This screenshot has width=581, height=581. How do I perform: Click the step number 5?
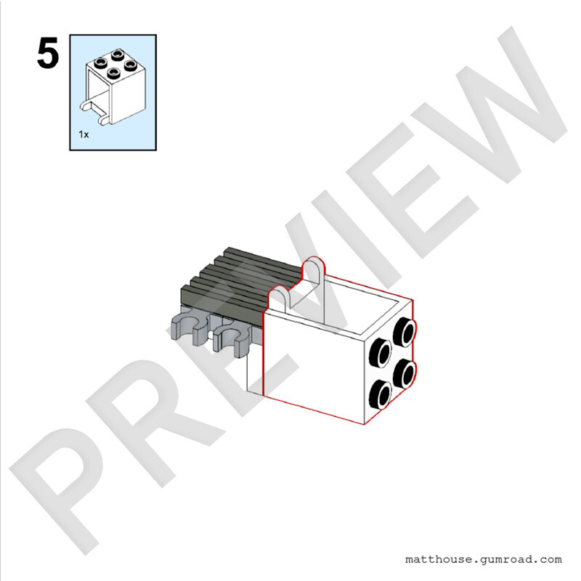[x=48, y=52]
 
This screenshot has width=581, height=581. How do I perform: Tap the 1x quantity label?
[x=84, y=134]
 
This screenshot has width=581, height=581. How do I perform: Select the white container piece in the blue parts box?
[x=113, y=86]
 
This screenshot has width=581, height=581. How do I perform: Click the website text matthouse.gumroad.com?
[x=483, y=559]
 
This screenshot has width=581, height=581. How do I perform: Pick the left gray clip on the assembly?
[x=190, y=329]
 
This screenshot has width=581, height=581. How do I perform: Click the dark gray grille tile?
[x=241, y=283]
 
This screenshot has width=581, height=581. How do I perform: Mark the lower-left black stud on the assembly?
[x=381, y=394]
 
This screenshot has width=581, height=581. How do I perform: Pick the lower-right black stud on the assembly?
[x=405, y=373]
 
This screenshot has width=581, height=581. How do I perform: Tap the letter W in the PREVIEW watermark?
[x=493, y=107]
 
